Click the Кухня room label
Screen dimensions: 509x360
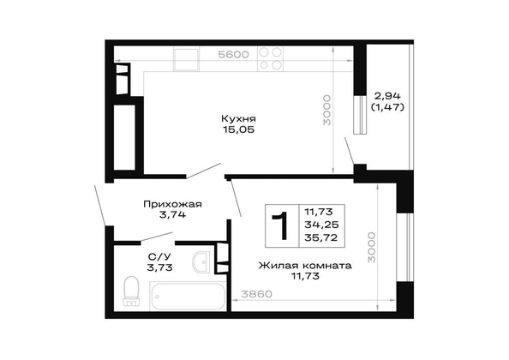tap(238, 118)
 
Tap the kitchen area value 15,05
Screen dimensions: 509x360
tap(238, 129)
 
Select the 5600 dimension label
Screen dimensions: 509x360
tap(233, 55)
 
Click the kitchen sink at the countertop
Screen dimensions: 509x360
tap(186, 59)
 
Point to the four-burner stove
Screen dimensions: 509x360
tap(271, 59)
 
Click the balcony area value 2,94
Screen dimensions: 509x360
tap(387, 96)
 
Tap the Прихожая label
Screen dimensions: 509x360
tap(173, 204)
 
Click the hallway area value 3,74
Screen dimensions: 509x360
tap(173, 214)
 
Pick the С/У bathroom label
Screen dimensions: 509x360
tap(159, 257)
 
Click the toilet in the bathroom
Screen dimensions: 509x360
tap(131, 291)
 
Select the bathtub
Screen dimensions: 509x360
tap(188, 296)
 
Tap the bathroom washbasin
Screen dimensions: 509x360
tap(201, 262)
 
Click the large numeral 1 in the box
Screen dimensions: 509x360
tap(281, 225)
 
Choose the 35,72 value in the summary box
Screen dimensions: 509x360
tap(321, 237)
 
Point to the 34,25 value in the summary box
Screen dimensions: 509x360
tap(321, 225)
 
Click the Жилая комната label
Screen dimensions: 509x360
tap(305, 266)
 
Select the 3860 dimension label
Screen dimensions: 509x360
tap(256, 294)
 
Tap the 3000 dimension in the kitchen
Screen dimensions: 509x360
tap(327, 110)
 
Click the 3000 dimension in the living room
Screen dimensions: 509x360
tap(371, 248)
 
